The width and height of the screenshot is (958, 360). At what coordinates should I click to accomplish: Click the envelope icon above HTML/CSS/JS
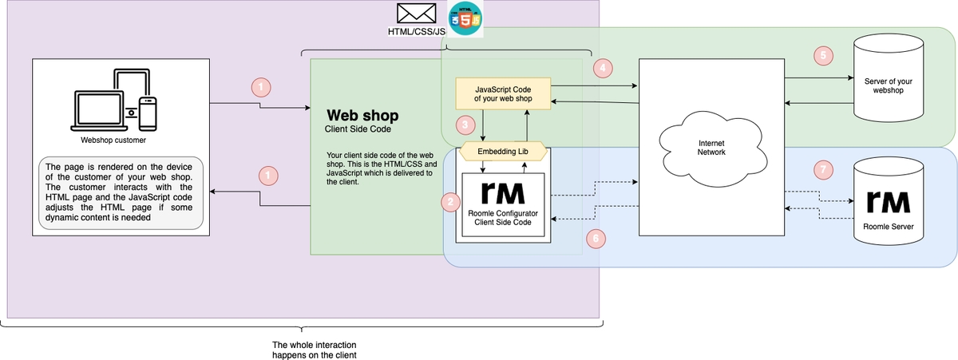click(x=416, y=14)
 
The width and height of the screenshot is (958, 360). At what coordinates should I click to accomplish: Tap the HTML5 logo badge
click(x=465, y=18)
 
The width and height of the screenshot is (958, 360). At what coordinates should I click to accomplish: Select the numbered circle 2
click(x=451, y=203)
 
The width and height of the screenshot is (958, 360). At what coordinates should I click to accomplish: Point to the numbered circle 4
click(x=604, y=69)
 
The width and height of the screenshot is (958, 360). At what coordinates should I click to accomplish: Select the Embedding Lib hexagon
click(x=502, y=150)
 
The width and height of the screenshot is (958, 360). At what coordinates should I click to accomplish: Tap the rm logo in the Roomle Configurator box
click(x=502, y=194)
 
